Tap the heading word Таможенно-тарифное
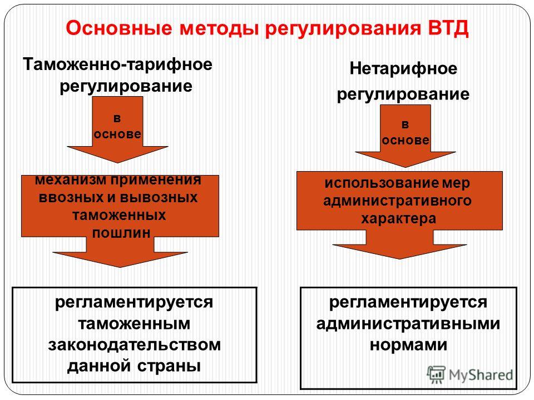117,64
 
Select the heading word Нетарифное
403,69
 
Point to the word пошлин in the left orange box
121,233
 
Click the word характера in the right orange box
398,218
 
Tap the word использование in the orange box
382,183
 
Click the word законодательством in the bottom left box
134,345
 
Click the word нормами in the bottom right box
408,345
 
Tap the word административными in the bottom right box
408,323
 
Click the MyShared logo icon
436,375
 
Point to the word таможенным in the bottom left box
134,323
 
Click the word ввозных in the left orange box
71,198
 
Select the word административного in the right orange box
397,201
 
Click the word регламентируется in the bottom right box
408,302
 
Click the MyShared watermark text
481,375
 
